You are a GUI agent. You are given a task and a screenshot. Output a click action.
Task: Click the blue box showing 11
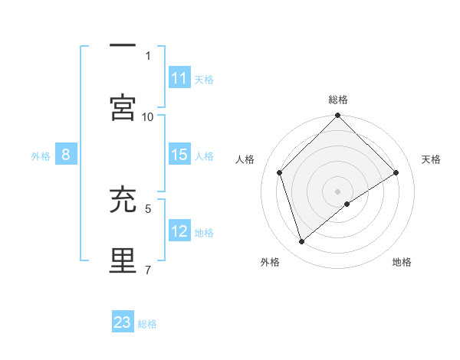179,78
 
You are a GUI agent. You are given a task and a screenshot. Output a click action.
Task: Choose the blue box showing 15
179,155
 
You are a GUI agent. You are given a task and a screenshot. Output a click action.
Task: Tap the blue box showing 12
179,231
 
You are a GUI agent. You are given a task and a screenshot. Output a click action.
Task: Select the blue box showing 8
66,155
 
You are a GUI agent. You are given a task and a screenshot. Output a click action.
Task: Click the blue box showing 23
123,322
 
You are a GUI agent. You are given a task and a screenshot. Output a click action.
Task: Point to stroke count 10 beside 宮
148,116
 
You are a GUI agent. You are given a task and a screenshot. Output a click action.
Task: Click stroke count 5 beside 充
148,208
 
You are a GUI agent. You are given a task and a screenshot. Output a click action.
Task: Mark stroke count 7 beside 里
148,269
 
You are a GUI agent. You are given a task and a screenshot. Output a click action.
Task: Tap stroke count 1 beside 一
148,55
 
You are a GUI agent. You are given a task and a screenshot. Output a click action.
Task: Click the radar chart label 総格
338,100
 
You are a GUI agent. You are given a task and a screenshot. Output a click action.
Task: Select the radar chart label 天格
431,159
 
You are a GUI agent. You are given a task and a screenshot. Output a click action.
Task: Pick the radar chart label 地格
402,262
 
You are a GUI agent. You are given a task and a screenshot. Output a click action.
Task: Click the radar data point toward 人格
280,172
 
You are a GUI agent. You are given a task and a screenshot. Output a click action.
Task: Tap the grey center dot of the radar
338,191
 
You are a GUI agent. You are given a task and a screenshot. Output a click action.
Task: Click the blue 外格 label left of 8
41,155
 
